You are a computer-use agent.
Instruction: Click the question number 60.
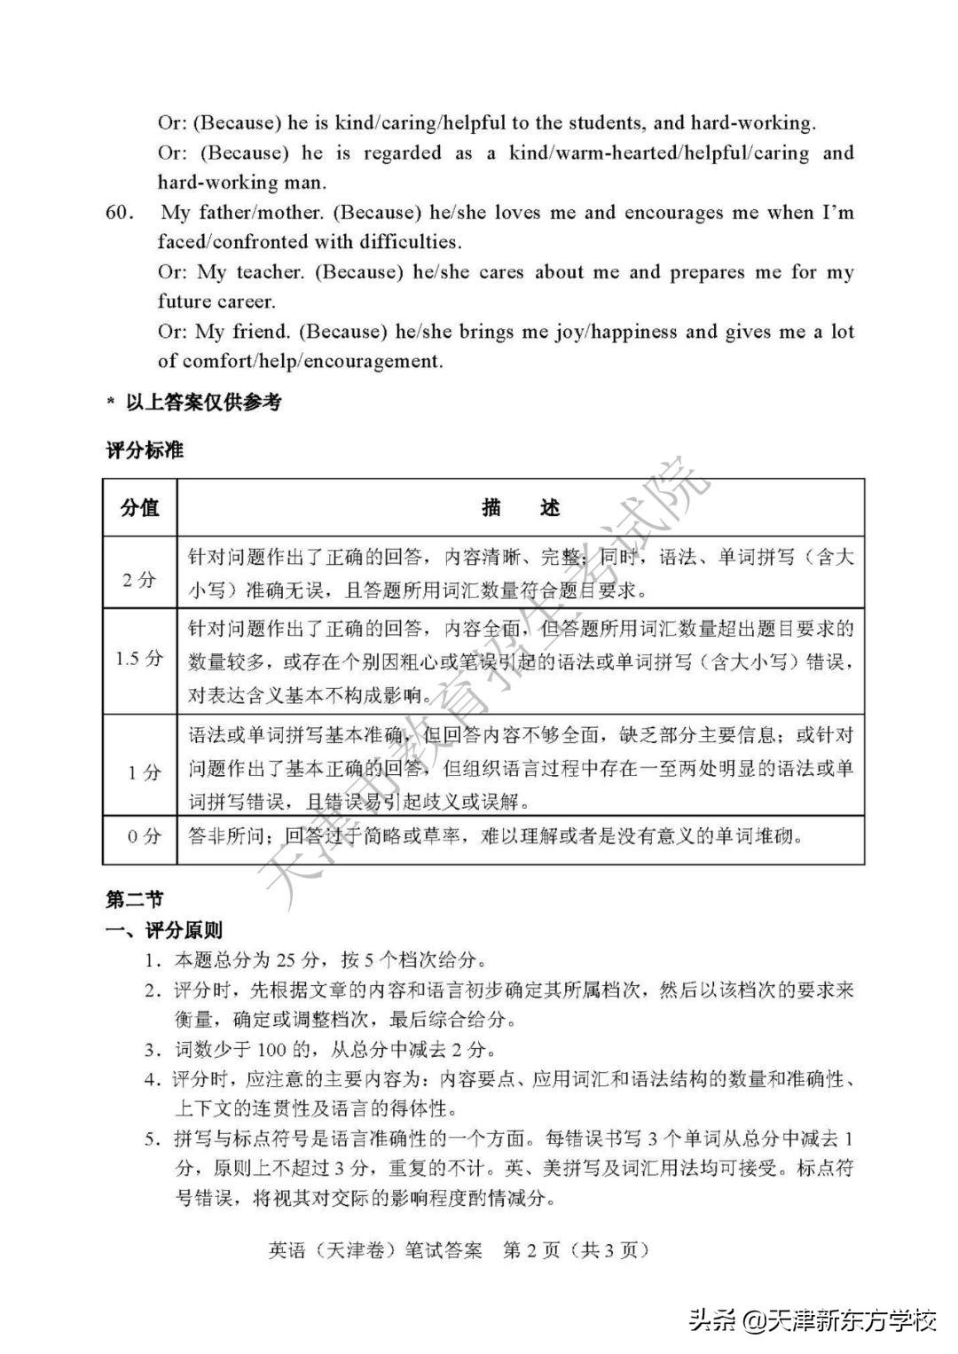point(120,214)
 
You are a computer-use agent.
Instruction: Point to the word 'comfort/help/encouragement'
point(312,361)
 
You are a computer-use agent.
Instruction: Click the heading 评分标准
point(145,450)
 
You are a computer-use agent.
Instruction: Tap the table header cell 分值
point(139,508)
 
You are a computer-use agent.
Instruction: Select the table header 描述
point(521,508)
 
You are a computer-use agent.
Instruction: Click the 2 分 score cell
point(139,580)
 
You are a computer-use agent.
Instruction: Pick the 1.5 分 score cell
point(139,659)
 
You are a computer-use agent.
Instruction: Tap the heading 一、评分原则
point(164,930)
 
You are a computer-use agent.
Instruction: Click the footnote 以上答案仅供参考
point(202,403)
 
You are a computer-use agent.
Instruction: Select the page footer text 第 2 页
point(531,1249)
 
